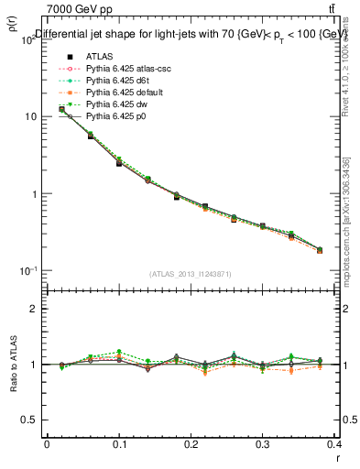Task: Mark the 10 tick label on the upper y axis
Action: tap(29, 117)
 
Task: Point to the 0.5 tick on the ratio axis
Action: tap(27, 420)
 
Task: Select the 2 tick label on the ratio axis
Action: tap(32, 309)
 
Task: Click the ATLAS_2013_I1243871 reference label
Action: tap(191, 275)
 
